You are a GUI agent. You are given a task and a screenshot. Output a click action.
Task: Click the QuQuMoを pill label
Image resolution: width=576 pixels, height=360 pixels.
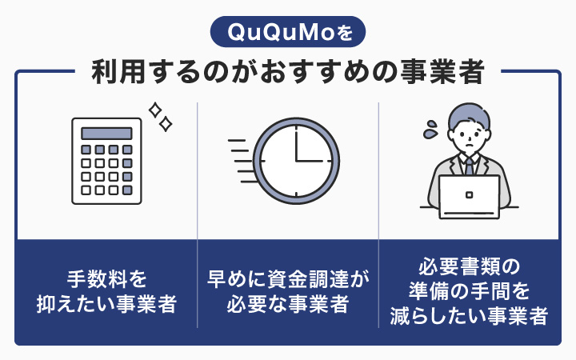pyautogui.click(x=287, y=33)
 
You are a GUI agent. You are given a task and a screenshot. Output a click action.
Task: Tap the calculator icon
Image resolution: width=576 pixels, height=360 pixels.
pyautogui.click(x=106, y=159)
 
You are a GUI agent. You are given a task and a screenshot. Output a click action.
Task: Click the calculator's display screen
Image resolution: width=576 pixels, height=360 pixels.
pyautogui.click(x=106, y=131)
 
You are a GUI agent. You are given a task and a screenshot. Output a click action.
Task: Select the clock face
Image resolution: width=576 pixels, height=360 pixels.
pyautogui.click(x=297, y=159)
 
